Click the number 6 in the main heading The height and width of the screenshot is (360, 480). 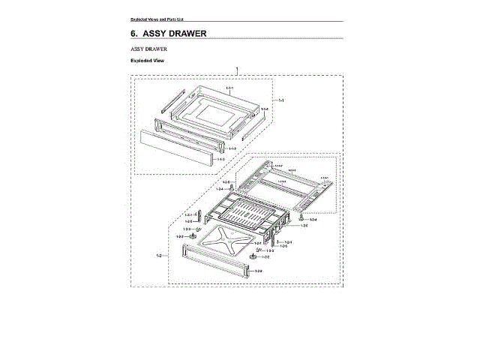133,34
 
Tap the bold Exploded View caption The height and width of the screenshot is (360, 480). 147,61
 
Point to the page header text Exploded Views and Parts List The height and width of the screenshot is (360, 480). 157,18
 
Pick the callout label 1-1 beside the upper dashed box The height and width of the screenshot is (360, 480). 282,100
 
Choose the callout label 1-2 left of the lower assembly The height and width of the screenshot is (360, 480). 160,256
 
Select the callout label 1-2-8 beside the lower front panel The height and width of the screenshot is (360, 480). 258,271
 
